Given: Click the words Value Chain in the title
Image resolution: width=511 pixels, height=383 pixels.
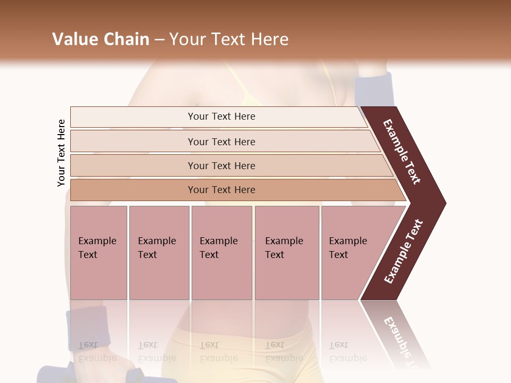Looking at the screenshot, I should (x=101, y=39).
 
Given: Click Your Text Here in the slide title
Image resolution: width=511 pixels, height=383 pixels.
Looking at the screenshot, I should (x=229, y=39).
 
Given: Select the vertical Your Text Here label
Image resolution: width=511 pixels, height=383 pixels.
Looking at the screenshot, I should (x=61, y=153).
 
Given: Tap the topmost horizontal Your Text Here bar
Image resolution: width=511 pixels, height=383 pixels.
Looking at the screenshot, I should (x=221, y=116).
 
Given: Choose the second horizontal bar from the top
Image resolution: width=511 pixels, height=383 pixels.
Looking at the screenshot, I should (x=221, y=141).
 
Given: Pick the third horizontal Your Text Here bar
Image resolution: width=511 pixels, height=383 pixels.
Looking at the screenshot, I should (x=221, y=165).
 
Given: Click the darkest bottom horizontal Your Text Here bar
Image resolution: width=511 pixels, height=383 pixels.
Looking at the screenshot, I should (x=221, y=190).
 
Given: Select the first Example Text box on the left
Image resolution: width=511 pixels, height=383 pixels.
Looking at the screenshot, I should (x=98, y=253).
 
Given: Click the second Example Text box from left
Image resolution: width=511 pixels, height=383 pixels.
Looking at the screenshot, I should (x=159, y=253).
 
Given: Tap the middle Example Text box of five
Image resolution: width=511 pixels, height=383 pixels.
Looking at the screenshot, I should (x=221, y=253).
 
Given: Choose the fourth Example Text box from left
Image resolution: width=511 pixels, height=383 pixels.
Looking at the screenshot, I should (x=287, y=253).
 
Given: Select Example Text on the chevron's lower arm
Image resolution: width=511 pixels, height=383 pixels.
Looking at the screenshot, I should (x=403, y=252).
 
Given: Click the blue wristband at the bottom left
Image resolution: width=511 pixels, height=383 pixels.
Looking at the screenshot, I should (x=87, y=326).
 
